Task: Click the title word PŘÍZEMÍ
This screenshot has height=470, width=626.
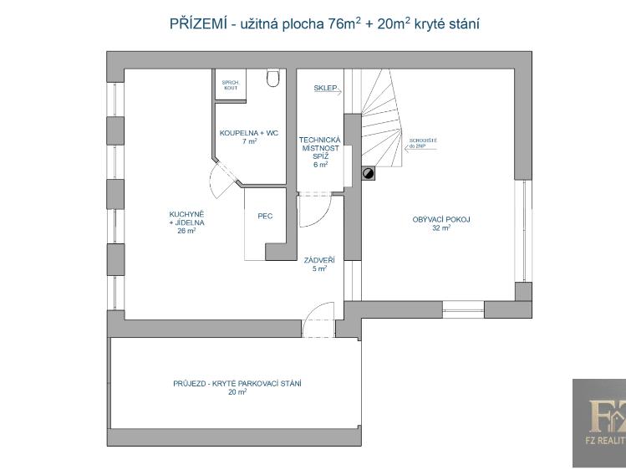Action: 197,23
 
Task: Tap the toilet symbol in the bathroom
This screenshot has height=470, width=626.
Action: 272,79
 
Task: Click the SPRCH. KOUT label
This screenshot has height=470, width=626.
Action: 230,85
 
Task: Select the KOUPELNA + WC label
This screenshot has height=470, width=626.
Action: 249,134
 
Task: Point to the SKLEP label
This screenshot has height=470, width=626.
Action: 325,87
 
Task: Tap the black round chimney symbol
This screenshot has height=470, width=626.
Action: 367,173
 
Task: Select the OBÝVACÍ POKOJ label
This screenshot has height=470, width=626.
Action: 441,219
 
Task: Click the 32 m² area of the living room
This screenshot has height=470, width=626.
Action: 441,227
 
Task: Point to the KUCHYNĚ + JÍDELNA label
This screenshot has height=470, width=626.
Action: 186,219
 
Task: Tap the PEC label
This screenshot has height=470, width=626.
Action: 265,216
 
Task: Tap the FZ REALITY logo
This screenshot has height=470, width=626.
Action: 598,422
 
